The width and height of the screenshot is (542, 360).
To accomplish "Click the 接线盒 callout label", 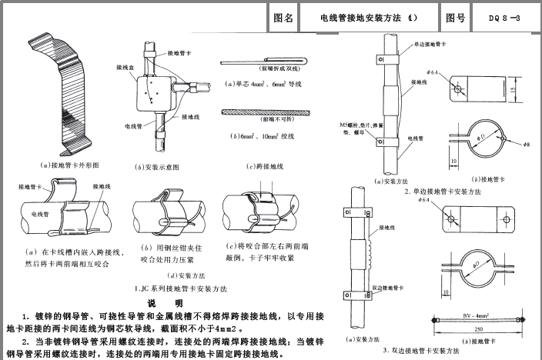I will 125,67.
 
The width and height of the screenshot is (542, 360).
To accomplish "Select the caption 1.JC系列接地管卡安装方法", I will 179,288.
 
